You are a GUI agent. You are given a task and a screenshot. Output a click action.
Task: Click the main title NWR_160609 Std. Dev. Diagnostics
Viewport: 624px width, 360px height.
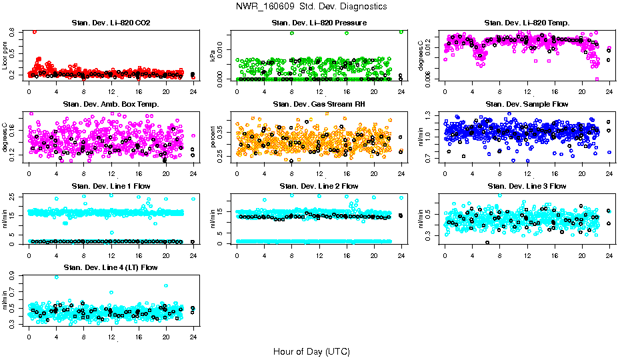311,7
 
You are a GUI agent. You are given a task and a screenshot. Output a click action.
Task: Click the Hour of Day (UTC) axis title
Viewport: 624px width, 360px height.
311,351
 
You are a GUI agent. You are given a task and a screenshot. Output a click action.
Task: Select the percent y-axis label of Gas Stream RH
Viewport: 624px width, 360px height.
213,137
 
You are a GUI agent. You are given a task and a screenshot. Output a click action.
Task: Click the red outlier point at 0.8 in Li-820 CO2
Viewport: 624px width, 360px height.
35,31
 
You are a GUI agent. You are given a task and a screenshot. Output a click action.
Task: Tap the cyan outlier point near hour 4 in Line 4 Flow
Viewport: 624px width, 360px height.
56,277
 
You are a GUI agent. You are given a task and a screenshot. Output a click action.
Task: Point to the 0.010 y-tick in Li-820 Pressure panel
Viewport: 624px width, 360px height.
223,48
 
